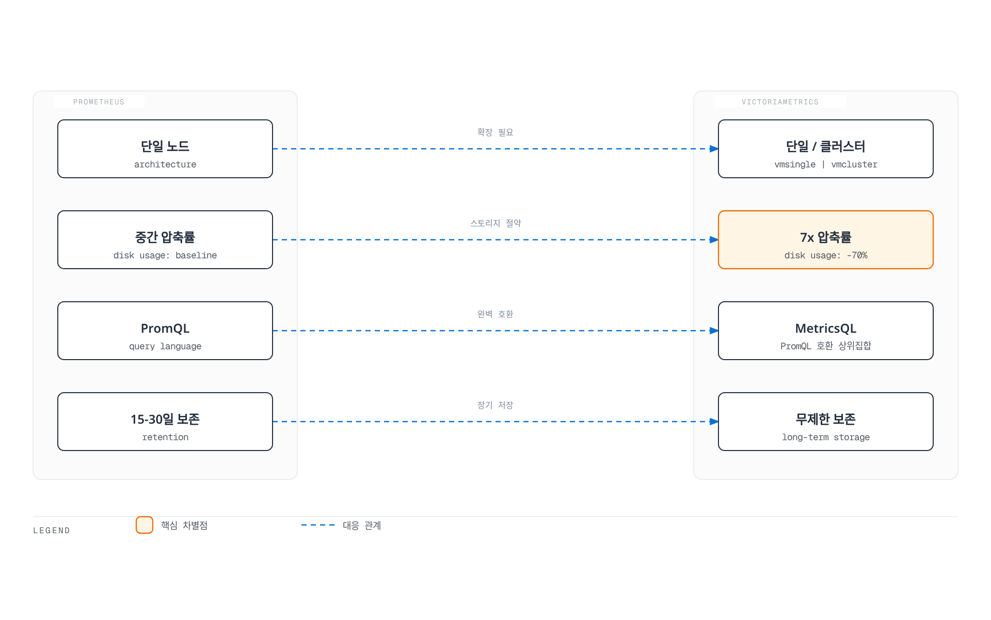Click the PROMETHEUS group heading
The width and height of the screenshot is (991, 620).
99,102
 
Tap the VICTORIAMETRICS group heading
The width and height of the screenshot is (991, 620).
780,102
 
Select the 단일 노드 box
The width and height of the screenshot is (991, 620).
165,149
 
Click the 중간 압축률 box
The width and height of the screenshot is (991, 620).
165,240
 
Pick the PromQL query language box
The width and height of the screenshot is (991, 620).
165,331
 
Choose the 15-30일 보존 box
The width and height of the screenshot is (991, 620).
165,422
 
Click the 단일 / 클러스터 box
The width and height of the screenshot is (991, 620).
826,149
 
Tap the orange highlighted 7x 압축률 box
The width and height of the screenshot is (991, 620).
826,240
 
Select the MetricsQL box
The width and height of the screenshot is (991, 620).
826,331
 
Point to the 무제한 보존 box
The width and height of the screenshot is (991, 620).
826,422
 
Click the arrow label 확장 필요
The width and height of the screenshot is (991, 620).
495,132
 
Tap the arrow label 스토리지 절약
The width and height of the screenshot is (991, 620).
495,223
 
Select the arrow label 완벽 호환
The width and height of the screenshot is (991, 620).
495,314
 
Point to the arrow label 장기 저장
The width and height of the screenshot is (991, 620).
495,405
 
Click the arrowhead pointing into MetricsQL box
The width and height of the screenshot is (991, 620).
714,331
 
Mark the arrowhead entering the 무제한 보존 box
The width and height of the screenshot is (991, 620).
714,422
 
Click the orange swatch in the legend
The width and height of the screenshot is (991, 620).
145,525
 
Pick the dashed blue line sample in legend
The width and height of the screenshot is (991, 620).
318,525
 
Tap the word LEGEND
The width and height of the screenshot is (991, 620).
52,531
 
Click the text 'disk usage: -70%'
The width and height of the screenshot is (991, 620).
826,255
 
